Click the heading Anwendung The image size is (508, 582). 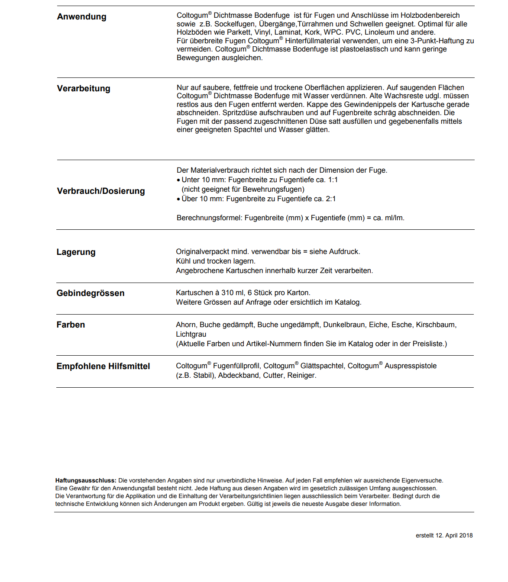(x=81, y=17)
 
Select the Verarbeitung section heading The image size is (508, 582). (x=84, y=89)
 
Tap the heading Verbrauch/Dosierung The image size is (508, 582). (x=101, y=191)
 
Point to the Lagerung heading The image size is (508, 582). (x=76, y=252)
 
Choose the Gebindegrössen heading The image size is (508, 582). (x=90, y=293)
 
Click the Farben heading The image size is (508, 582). (x=71, y=325)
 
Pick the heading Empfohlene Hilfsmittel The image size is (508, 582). (x=103, y=367)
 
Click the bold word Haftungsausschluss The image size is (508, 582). (x=86, y=480)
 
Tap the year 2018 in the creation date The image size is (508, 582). (x=466, y=536)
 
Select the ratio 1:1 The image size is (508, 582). (x=333, y=180)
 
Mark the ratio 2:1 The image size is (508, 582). (x=330, y=199)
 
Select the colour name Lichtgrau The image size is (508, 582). (x=191, y=334)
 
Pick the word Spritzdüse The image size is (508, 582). (x=239, y=113)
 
